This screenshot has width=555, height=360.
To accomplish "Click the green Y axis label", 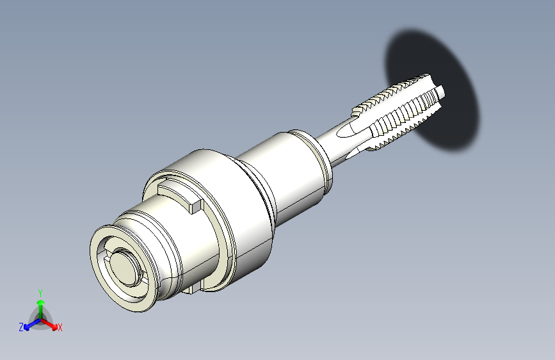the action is point(40,293).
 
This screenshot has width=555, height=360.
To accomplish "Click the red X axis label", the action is point(60,327).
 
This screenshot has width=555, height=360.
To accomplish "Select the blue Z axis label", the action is point(21,327).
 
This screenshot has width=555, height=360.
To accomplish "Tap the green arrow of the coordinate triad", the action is point(41,309).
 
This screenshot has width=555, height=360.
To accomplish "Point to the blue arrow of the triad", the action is point(32,324).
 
